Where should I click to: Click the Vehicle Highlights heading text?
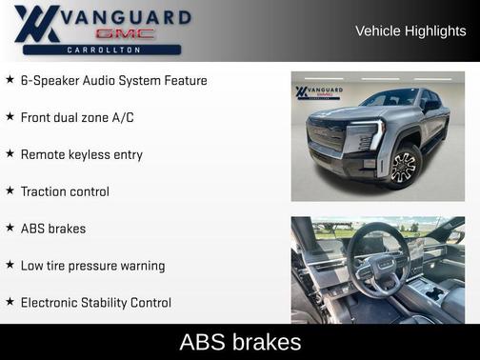pyautogui.click(x=410, y=31)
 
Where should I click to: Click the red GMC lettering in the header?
pyautogui.click(x=105, y=34)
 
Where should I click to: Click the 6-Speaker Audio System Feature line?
pyautogui.click(x=113, y=80)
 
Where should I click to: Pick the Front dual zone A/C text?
pyautogui.click(x=79, y=117)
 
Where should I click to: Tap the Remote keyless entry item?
pyautogui.click(x=81, y=153)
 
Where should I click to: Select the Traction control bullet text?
pyautogui.click(x=65, y=191)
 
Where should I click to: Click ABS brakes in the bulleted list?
pyautogui.click(x=53, y=229)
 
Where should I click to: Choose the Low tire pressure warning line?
pyautogui.click(x=92, y=266)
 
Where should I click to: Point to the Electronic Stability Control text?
pyautogui.click(x=96, y=303)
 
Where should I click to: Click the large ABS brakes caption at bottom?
pyautogui.click(x=240, y=342)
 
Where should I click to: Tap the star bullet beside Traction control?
pyautogui.click(x=10, y=191)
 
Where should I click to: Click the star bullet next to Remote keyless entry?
pyautogui.click(x=10, y=153)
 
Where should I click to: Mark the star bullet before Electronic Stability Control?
pyautogui.click(x=10, y=303)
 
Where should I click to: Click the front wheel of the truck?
pyautogui.click(x=403, y=166)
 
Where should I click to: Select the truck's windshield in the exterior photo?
pyautogui.click(x=391, y=99)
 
